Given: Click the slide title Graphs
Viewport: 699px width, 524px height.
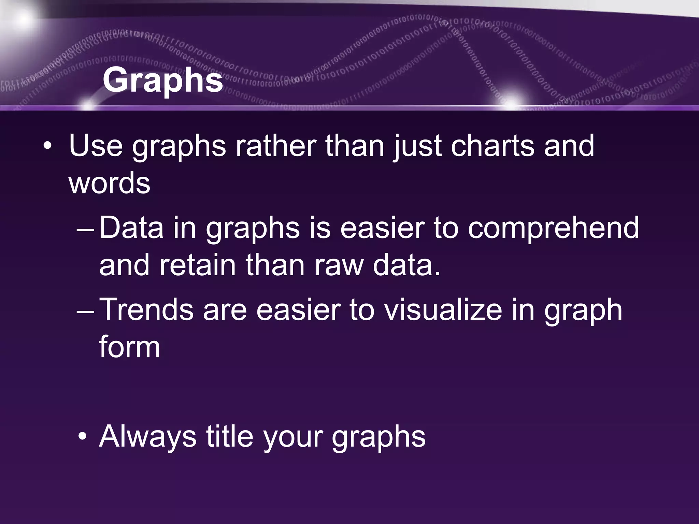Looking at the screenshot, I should point(163,81).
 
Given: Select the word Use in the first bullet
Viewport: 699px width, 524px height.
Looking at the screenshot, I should point(96,146).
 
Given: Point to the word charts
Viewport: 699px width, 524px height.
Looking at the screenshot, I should point(492,146).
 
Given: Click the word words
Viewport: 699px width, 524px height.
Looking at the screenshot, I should point(109,183).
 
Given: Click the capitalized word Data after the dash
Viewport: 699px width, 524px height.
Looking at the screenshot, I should point(131,228).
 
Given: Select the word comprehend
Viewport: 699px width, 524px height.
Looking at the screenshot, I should point(553,228).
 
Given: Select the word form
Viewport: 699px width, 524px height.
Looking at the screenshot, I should point(129,347).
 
